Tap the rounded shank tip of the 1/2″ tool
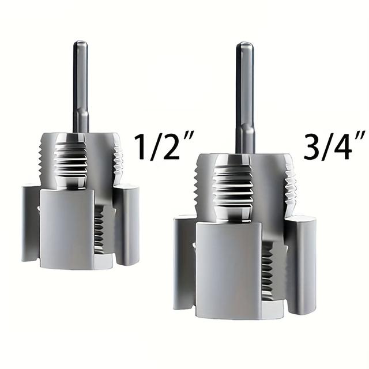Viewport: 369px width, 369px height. [x=81, y=44]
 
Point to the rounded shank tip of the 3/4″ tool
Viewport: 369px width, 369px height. [x=244, y=46]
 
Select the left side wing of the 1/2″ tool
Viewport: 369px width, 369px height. [x=30, y=222]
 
